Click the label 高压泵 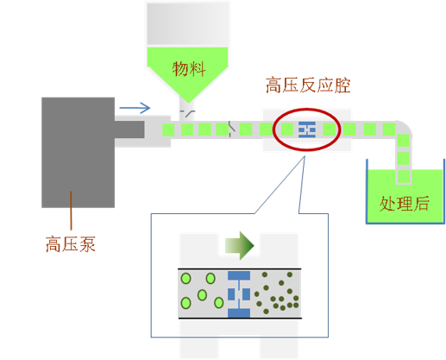[x=71, y=244]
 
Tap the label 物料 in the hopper [x=189, y=69]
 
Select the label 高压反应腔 [x=308, y=85]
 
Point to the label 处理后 [x=405, y=204]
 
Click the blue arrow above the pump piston [x=135, y=108]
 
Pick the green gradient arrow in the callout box [x=240, y=246]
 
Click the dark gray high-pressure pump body [x=78, y=153]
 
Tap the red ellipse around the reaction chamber [x=307, y=110]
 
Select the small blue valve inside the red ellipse [x=307, y=129]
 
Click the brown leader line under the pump [x=71, y=211]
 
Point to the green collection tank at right [x=405, y=196]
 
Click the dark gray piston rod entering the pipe [x=129, y=129]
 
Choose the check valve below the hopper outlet [x=187, y=114]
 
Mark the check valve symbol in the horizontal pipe [x=232, y=129]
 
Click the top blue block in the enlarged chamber [x=239, y=275]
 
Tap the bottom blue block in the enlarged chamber [x=239, y=313]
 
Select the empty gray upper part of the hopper [x=188, y=24]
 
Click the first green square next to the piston [x=168, y=129]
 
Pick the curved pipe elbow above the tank [x=404, y=128]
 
